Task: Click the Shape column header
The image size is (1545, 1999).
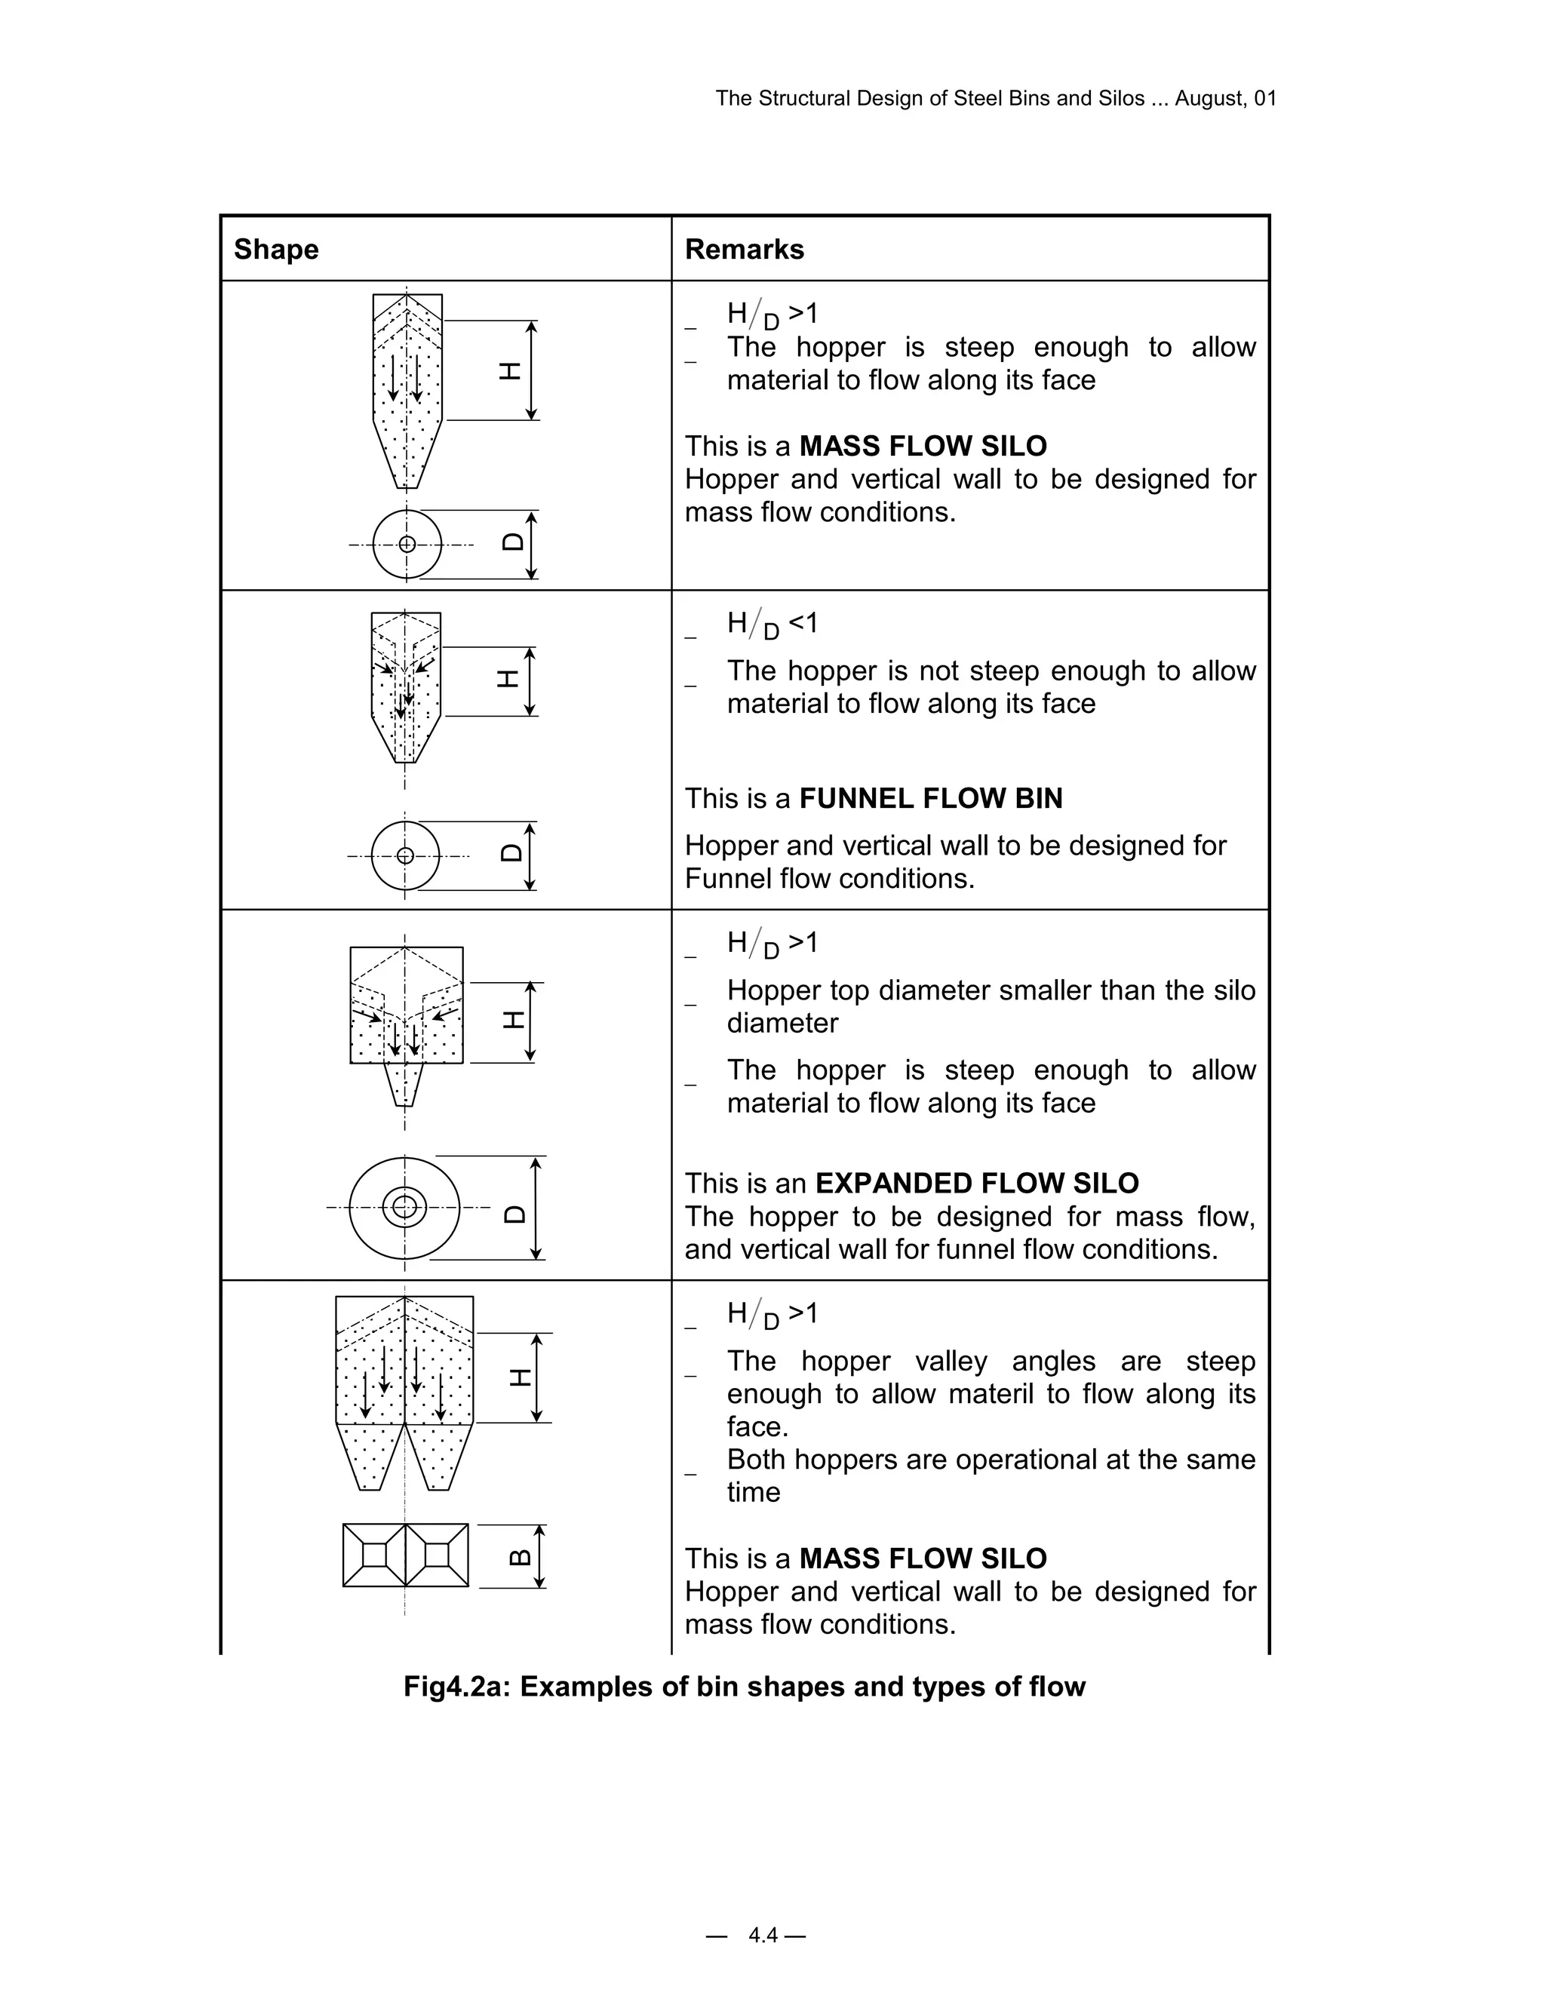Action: [x=275, y=249]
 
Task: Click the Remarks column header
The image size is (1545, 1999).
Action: [x=744, y=249]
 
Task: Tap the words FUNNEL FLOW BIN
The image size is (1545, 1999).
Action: [x=931, y=798]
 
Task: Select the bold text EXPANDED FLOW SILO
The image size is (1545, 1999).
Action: [x=977, y=1183]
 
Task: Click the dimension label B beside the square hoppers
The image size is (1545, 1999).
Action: [x=519, y=1556]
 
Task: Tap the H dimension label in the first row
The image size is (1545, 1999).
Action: [x=510, y=370]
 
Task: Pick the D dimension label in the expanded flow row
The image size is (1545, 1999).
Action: [x=515, y=1214]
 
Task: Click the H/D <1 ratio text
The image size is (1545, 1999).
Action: [x=772, y=625]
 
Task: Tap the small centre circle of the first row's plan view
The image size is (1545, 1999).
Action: [x=407, y=545]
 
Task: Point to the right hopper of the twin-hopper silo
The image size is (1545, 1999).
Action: [x=438, y=1456]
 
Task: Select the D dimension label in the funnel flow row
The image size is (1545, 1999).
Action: [x=511, y=852]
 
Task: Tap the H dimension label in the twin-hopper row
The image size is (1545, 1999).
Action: [x=520, y=1377]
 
